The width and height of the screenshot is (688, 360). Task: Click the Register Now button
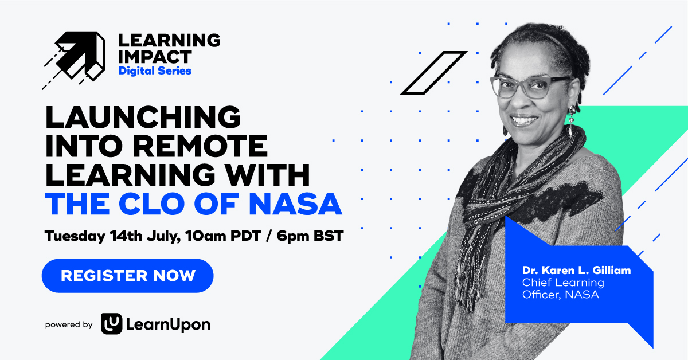click(127, 276)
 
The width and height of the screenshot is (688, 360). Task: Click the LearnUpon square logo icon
click(111, 324)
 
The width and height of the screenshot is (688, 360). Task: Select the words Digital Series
click(155, 71)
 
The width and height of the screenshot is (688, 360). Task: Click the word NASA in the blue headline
click(295, 204)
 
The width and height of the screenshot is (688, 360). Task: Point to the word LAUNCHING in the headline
click(143, 117)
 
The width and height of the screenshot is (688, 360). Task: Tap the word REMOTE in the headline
click(200, 146)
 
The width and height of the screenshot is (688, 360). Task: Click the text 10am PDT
click(223, 236)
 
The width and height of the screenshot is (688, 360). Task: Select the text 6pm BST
click(310, 236)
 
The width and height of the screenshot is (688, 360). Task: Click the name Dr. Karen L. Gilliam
click(577, 271)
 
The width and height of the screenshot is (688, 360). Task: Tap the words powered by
click(69, 324)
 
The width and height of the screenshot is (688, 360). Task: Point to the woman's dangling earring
click(571, 122)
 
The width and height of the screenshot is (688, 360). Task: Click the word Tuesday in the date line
click(75, 236)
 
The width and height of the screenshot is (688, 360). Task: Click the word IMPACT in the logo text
click(155, 57)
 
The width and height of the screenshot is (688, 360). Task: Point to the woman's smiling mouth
click(524, 120)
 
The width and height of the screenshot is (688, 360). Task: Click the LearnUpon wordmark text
click(169, 324)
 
